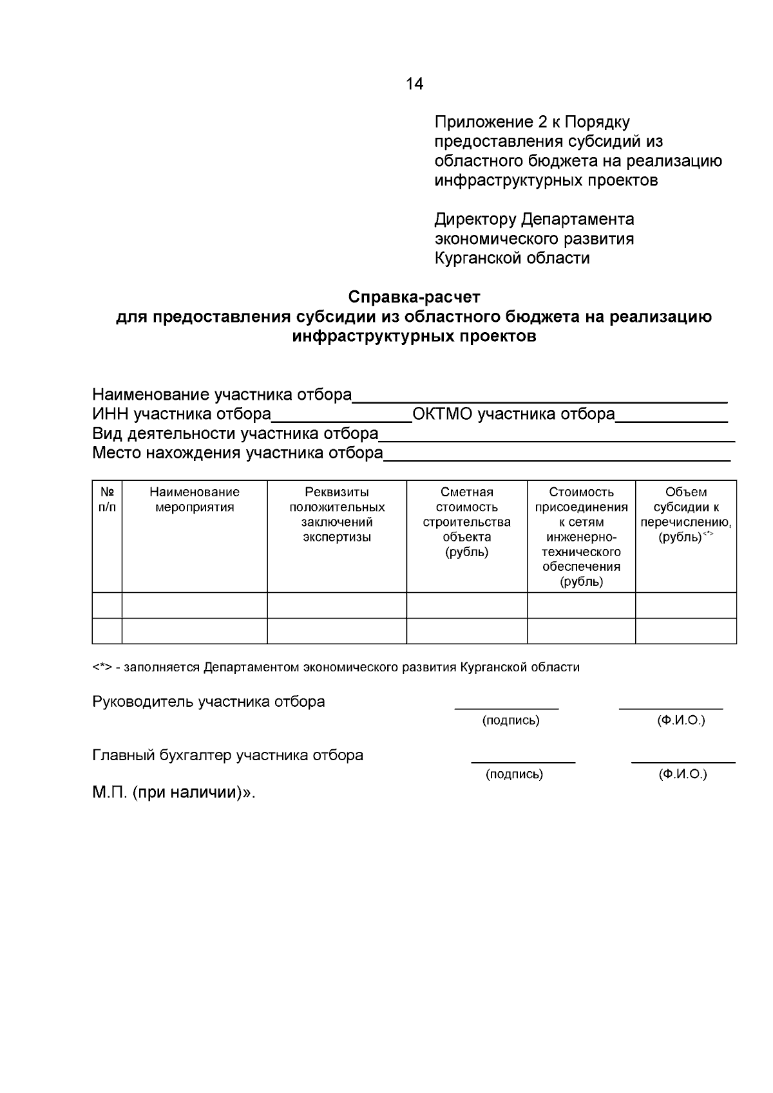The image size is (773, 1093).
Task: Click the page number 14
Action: [414, 84]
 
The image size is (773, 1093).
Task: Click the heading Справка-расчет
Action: [414, 297]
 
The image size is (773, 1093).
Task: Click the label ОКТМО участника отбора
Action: [513, 415]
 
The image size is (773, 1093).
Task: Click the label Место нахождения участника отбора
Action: [238, 453]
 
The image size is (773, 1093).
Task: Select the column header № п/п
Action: [107, 500]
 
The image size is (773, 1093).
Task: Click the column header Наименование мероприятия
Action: [195, 500]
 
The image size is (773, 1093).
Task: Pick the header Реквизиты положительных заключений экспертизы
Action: [337, 514]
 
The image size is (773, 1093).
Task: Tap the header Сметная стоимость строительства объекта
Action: [466, 521]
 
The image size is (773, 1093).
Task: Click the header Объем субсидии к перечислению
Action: [685, 514]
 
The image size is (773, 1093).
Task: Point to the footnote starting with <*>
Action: [336, 668]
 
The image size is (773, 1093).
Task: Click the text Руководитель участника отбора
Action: [209, 702]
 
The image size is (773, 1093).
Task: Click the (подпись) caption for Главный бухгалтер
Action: [514, 774]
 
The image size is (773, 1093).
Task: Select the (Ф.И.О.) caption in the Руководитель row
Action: [681, 720]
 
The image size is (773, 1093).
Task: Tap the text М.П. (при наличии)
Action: [173, 793]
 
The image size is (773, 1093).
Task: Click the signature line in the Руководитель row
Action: [506, 708]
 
